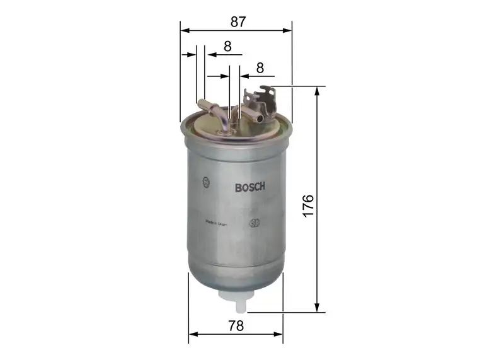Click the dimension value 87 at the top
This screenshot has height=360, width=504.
coord(237,21)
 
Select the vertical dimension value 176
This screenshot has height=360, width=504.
coord(307,206)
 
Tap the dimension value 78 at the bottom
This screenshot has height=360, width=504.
coord(236,326)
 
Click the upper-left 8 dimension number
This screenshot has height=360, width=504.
coord(227,46)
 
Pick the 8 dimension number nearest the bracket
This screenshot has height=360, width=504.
coord(259,67)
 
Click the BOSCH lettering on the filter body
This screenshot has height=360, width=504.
coord(250,187)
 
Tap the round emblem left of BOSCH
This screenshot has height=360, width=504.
coord(206,183)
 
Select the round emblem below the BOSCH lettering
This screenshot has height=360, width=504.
coord(255,223)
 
